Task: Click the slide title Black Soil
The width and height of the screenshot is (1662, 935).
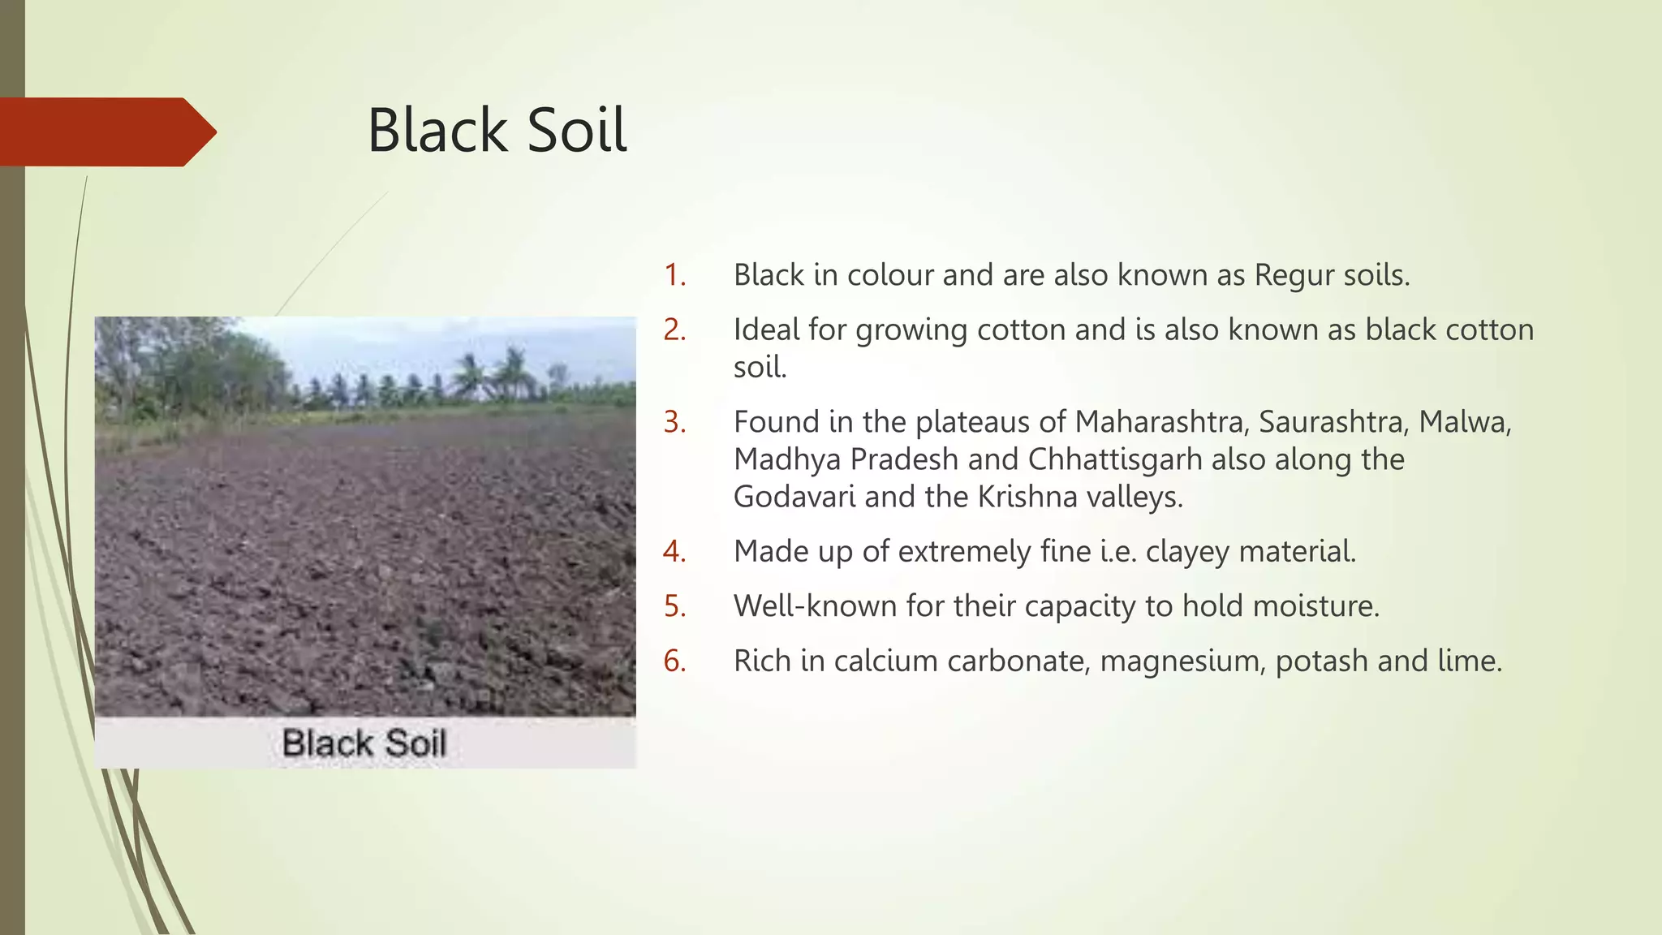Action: (497, 130)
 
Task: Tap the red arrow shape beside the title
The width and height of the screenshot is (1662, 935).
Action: (105, 131)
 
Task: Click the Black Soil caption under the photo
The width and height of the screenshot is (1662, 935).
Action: (364, 743)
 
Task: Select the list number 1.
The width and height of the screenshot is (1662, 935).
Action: (674, 275)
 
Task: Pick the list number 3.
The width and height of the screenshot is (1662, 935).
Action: (674, 422)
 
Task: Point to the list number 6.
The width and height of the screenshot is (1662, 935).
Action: (674, 661)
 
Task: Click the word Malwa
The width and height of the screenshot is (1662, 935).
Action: (1464, 422)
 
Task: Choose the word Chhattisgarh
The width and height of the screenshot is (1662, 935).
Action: (1114, 459)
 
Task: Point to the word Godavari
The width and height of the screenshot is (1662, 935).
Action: (794, 497)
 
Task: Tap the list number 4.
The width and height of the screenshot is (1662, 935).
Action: (674, 552)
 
